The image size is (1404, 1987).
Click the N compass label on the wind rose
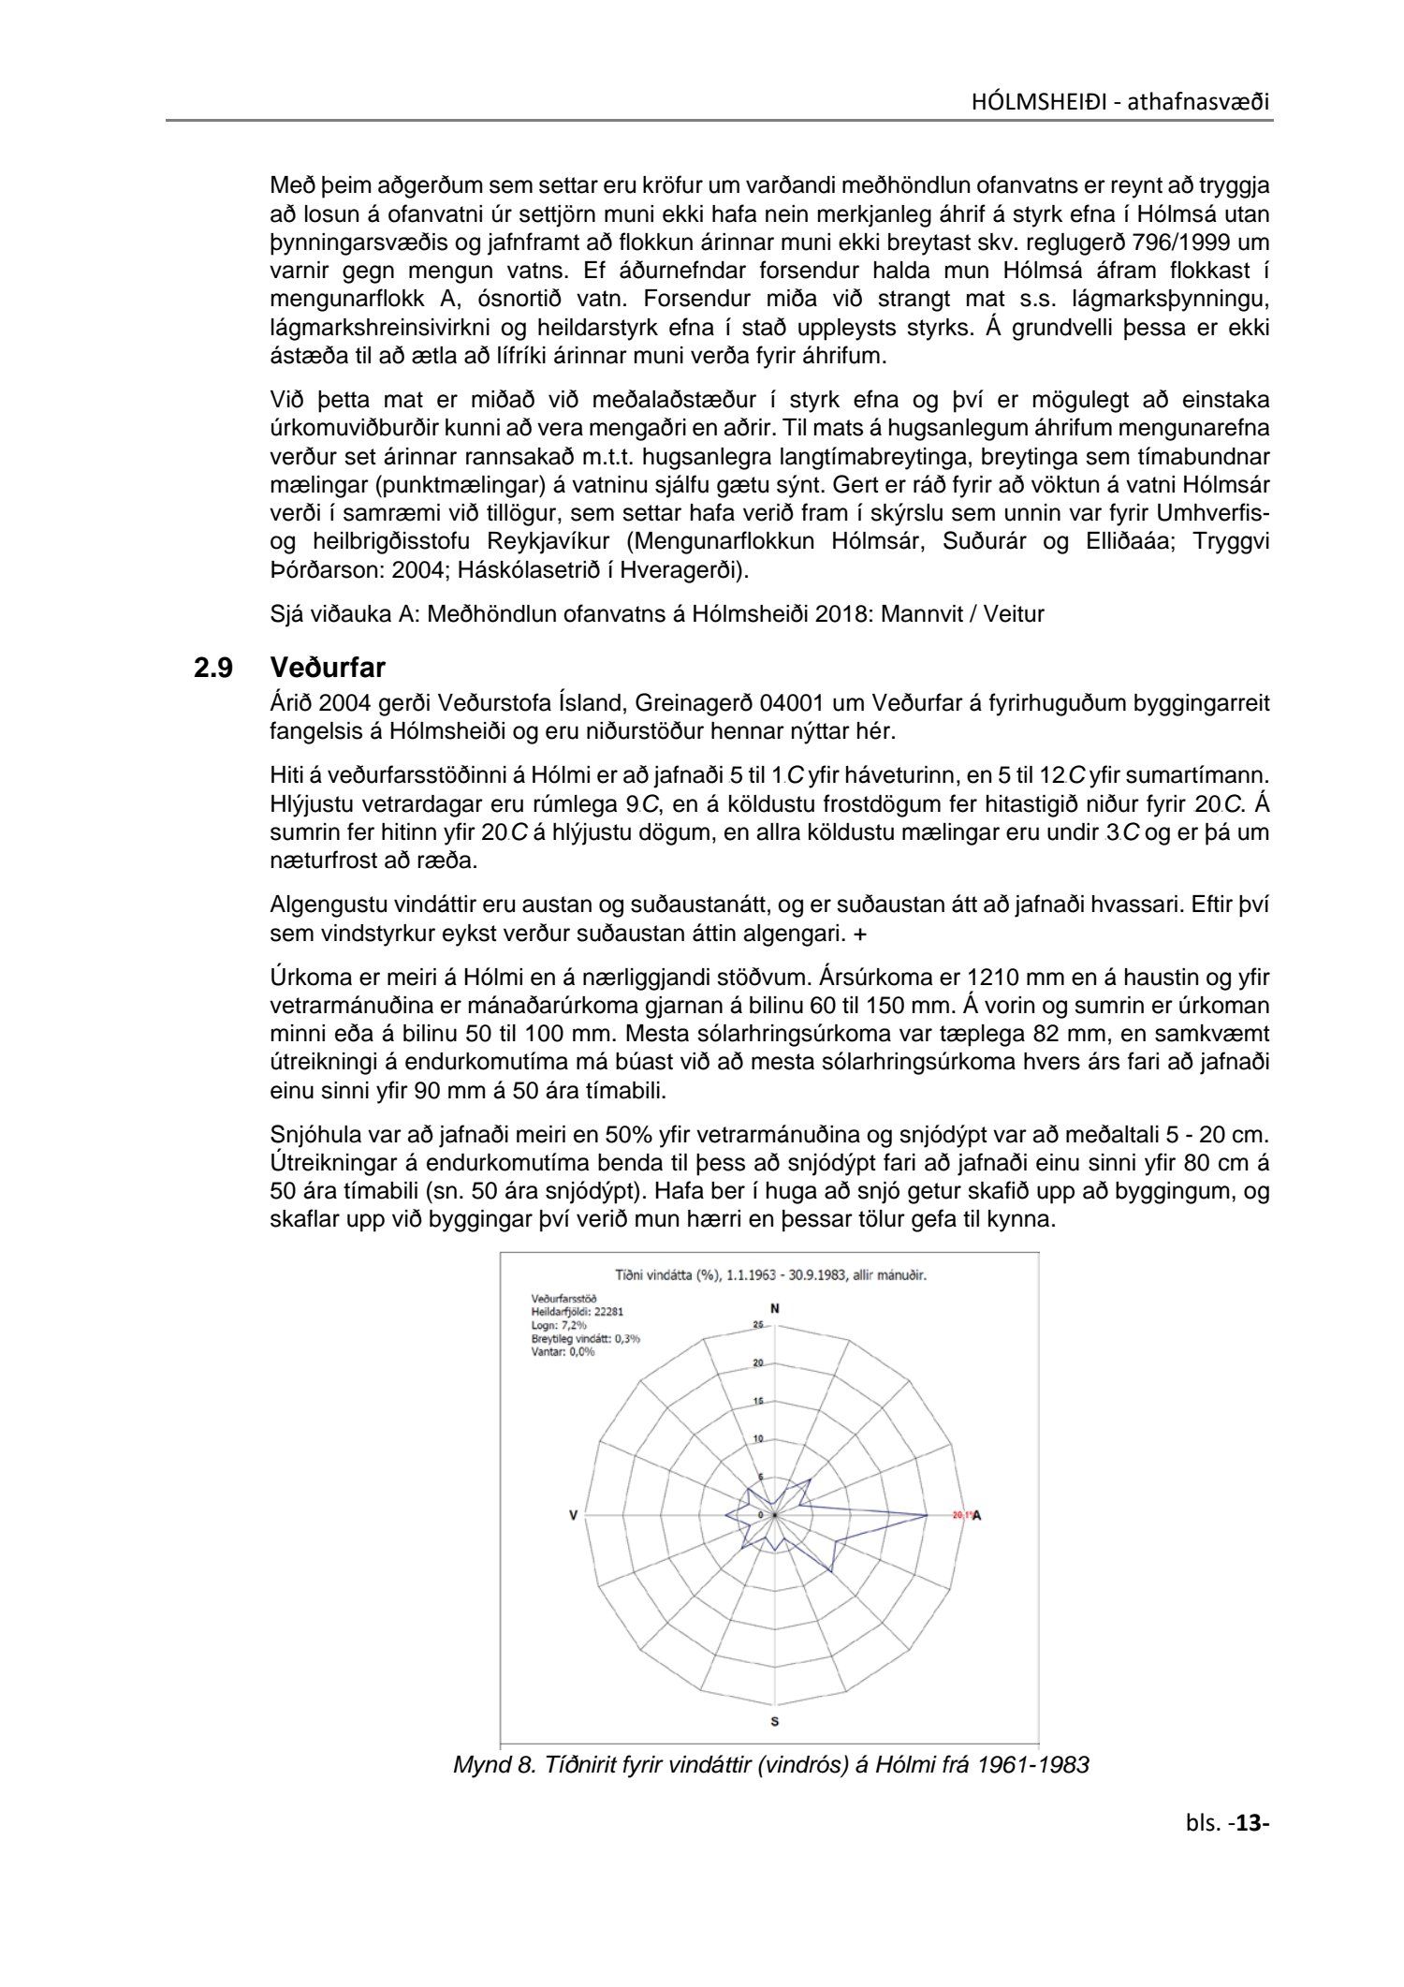pos(774,1308)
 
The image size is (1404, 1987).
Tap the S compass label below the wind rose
pos(775,1721)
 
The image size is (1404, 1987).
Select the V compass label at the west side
pos(574,1515)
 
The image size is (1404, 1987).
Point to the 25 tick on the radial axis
pos(758,1325)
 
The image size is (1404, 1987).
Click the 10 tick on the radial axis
pos(758,1438)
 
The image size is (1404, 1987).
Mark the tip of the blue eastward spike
pos(927,1515)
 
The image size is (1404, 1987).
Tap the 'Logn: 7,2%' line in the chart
pos(559,1325)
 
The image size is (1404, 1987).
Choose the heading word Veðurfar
pos(328,669)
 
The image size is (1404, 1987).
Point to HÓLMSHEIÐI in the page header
pos(1036,102)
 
